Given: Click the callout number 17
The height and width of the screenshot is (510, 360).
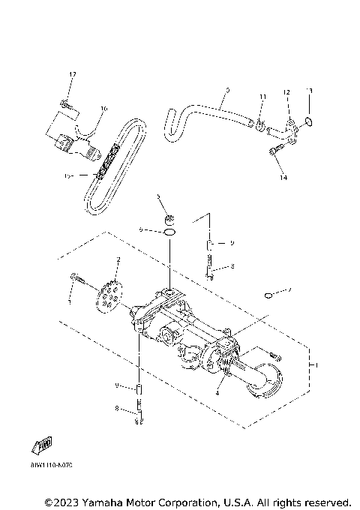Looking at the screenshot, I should click(x=73, y=74).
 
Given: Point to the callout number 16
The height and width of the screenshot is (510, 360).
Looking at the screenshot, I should click(x=103, y=109).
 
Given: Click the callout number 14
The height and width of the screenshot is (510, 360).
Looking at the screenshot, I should click(x=283, y=178).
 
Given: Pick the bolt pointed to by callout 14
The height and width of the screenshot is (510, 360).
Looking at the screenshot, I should click(x=274, y=153).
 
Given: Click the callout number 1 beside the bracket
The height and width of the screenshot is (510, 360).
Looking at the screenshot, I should click(x=316, y=364).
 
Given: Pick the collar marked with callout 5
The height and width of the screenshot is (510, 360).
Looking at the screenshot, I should click(x=171, y=219).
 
